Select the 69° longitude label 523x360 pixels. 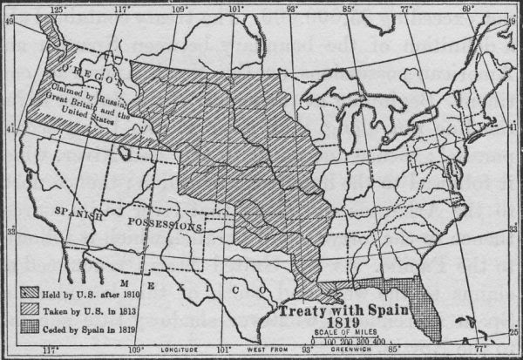[x=468, y=9]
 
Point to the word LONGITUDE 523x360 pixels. [x=181, y=352]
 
